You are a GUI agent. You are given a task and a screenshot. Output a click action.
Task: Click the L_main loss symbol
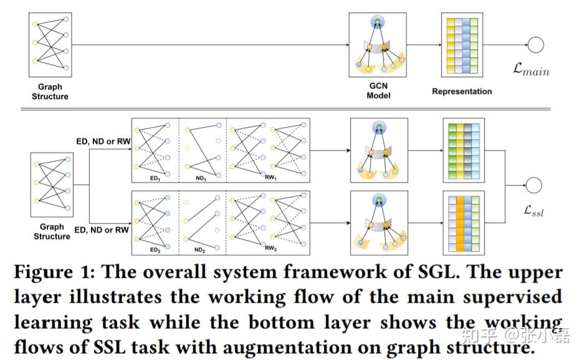click(531, 69)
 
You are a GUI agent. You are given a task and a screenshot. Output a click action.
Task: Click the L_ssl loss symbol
click(533, 211)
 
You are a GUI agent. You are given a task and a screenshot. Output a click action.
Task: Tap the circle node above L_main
click(536, 45)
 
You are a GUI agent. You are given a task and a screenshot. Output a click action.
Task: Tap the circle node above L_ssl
click(533, 186)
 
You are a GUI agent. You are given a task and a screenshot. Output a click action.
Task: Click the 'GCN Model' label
click(378, 91)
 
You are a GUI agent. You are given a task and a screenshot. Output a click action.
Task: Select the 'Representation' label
click(462, 92)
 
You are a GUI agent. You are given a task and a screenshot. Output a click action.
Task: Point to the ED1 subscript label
click(155, 178)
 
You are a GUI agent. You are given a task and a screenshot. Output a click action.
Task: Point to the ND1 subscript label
click(201, 178)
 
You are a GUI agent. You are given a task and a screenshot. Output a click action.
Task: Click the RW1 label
click(270, 178)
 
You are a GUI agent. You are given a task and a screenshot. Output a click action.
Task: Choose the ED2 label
click(155, 250)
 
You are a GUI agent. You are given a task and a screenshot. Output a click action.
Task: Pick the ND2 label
click(199, 250)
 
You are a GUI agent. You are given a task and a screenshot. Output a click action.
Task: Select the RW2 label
click(270, 248)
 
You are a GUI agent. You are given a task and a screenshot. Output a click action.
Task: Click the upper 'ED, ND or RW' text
click(103, 141)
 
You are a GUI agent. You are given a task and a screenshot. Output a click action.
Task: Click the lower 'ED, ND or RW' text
click(102, 230)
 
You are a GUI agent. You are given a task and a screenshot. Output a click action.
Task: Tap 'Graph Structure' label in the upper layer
click(50, 92)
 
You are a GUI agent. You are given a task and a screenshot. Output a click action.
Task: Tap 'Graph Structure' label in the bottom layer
click(52, 232)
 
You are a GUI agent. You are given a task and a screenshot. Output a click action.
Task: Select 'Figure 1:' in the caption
click(54, 272)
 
